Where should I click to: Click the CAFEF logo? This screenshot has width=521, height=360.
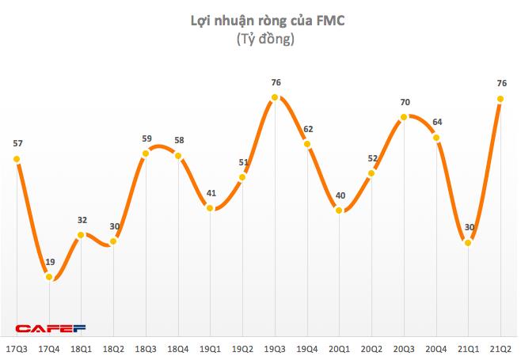coord(51,328)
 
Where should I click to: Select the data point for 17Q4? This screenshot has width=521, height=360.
coord(49,277)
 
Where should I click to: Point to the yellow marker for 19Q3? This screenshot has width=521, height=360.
coord(275,97)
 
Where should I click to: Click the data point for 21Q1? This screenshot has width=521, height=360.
coord(469,243)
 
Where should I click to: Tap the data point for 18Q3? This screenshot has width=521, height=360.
coord(146,153)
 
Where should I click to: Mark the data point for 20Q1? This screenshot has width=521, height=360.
coord(340,210)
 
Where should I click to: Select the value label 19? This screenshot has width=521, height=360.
coord(49,262)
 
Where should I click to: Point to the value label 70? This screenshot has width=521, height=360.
coord(404,102)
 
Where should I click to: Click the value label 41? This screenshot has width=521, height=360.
coord(211,192)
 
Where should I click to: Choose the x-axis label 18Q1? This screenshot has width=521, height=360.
coord(82,348)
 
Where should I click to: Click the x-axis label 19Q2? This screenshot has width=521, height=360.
coord(243,348)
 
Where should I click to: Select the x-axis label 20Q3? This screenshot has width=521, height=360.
coord(405,348)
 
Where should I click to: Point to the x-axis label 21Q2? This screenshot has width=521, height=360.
coord(501,348)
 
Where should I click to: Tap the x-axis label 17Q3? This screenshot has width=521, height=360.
coord(17,348)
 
